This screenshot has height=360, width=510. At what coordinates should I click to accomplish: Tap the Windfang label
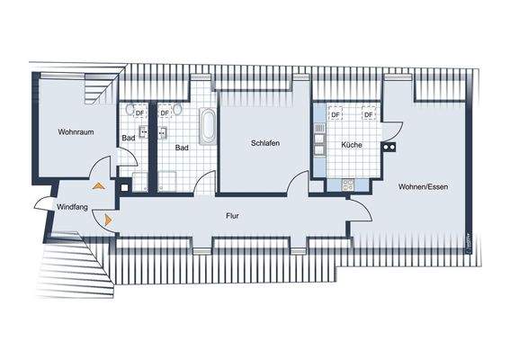pyautogui.click(x=72, y=206)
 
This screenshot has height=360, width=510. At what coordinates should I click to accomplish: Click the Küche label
pyautogui.click(x=351, y=146)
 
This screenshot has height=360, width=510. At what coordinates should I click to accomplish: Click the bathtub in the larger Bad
pyautogui.click(x=208, y=125)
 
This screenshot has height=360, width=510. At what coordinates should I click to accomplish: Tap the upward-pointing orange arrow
pyautogui.click(x=99, y=185)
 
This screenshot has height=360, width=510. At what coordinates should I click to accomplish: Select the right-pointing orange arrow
pyautogui.click(x=108, y=219)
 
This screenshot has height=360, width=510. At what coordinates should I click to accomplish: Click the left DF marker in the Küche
pyautogui.click(x=335, y=115)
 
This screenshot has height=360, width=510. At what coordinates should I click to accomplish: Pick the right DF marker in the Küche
pyautogui.click(x=368, y=115)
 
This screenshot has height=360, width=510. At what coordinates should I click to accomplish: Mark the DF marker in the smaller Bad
pyautogui.click(x=139, y=114)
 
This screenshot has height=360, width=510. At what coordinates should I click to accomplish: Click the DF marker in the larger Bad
pyautogui.click(x=165, y=114)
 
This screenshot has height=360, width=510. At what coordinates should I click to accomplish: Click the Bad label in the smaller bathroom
pyautogui.click(x=129, y=139)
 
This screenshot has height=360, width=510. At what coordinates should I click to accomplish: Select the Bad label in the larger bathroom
pyautogui.click(x=182, y=148)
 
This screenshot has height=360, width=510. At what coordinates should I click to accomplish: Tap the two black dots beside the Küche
pyautogui.click(x=389, y=146)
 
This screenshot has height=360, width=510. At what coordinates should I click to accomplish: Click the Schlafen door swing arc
pyautogui.click(x=296, y=182)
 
